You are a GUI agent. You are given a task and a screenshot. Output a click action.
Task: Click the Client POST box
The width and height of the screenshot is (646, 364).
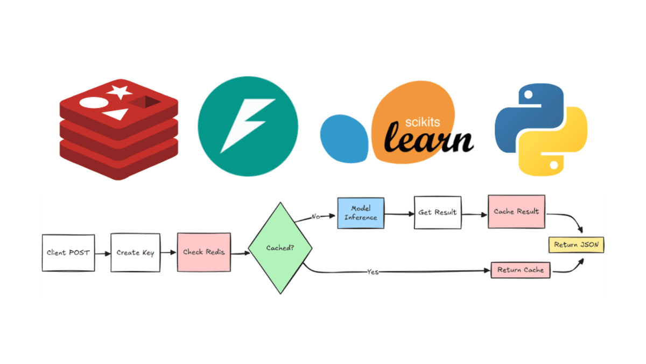[68, 252]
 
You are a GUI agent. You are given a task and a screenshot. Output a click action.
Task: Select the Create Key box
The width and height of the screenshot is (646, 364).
[135, 252]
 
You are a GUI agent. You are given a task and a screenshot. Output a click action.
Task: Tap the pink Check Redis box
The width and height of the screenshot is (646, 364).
[203, 252]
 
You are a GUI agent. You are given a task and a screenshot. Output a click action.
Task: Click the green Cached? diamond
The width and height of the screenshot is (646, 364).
[280, 248]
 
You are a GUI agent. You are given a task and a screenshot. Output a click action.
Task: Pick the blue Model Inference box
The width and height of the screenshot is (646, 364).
[361, 212]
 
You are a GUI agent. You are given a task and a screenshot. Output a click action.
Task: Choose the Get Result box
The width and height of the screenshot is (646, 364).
[437, 212]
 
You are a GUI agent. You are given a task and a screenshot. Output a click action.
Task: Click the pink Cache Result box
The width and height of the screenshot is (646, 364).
[516, 211]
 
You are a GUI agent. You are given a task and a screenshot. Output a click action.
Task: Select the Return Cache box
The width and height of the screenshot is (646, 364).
[520, 270]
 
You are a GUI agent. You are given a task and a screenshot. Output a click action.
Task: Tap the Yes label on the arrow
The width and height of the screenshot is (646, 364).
[373, 272]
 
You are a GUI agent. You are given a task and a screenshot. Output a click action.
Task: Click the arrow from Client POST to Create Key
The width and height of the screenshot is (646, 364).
[102, 252]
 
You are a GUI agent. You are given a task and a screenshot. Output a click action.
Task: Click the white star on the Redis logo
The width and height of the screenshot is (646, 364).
[120, 92]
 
